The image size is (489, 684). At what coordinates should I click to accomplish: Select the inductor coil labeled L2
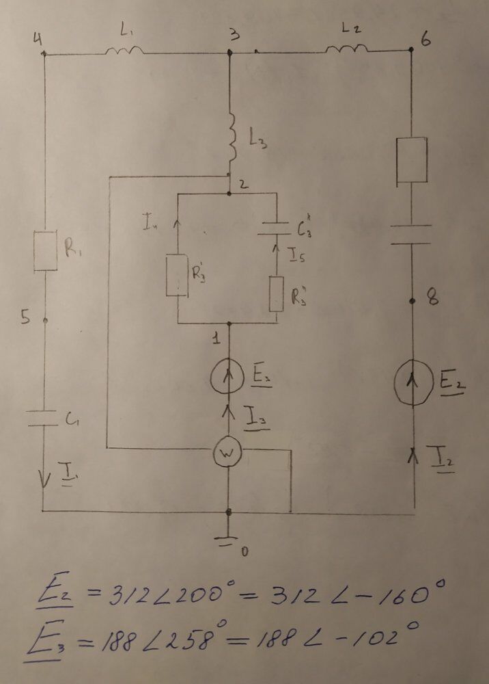(x=346, y=47)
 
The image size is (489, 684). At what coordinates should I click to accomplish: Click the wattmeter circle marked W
(x=227, y=451)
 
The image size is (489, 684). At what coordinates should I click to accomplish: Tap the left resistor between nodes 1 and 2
(x=178, y=275)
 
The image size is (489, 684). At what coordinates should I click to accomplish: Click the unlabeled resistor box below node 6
(x=413, y=159)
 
